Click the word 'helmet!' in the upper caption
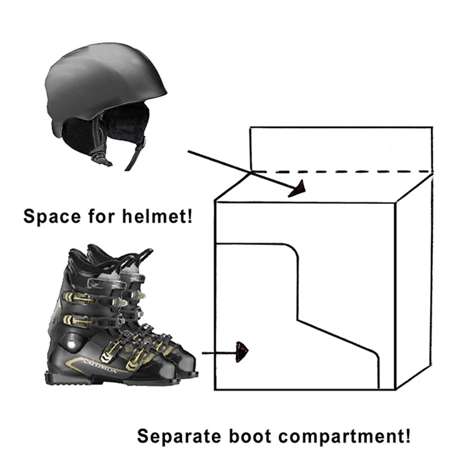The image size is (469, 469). (162, 217)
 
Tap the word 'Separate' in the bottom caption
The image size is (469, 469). (171, 435)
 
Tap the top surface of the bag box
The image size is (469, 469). (325, 188)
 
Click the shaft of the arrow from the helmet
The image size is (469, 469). (238, 168)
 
